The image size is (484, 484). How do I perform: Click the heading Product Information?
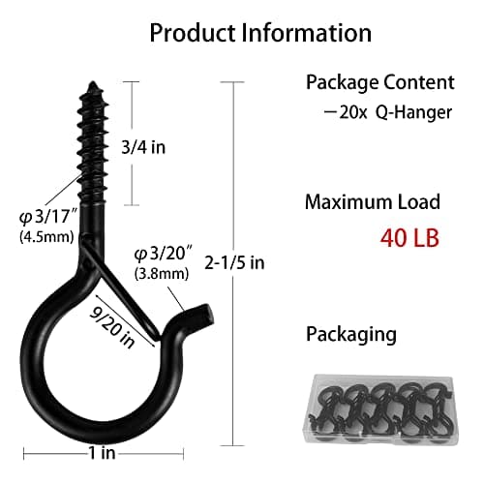click(x=260, y=32)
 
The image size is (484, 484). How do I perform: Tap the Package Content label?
click(x=379, y=81)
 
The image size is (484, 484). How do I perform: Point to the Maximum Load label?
click(x=372, y=202)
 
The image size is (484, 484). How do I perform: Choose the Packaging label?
click(x=350, y=334)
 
